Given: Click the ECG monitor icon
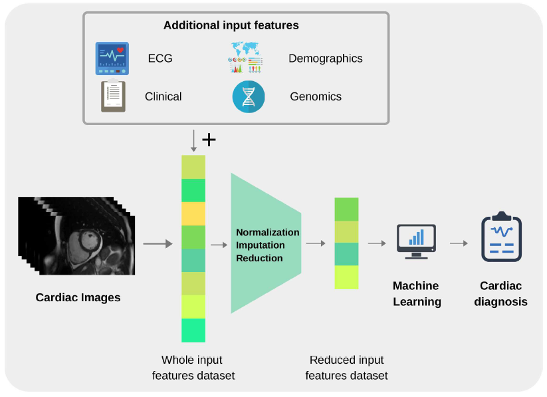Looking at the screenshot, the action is pyautogui.click(x=112, y=59).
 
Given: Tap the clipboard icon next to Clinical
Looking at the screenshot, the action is pyautogui.click(x=113, y=96).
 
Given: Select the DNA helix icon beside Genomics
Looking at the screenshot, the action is pyautogui.click(x=249, y=96).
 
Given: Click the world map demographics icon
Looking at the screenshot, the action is pyautogui.click(x=245, y=57).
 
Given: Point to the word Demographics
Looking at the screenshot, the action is pyautogui.click(x=326, y=59).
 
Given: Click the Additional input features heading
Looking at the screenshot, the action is pyautogui.click(x=231, y=25).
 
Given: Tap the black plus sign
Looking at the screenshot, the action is pyautogui.click(x=209, y=140).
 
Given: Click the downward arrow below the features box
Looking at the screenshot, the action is pyautogui.click(x=193, y=141).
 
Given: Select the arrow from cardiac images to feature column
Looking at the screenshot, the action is pyautogui.click(x=158, y=243).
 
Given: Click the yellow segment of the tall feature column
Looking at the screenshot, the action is pyautogui.click(x=193, y=213).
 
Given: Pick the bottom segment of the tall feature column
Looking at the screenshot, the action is pyautogui.click(x=193, y=331).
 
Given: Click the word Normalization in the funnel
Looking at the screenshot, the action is pyautogui.click(x=268, y=232).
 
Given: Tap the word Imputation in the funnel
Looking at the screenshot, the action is pyautogui.click(x=261, y=245).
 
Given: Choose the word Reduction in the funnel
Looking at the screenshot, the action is pyautogui.click(x=259, y=258).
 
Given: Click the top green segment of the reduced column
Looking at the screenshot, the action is pyautogui.click(x=346, y=209).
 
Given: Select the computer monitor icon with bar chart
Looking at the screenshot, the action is pyautogui.click(x=416, y=241).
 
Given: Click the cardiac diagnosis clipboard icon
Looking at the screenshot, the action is pyautogui.click(x=501, y=237).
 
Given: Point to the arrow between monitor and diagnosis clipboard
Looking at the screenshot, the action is pyautogui.click(x=459, y=243).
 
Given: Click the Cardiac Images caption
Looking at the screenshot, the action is pyautogui.click(x=78, y=297).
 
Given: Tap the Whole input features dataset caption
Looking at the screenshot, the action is pyautogui.click(x=193, y=368).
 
